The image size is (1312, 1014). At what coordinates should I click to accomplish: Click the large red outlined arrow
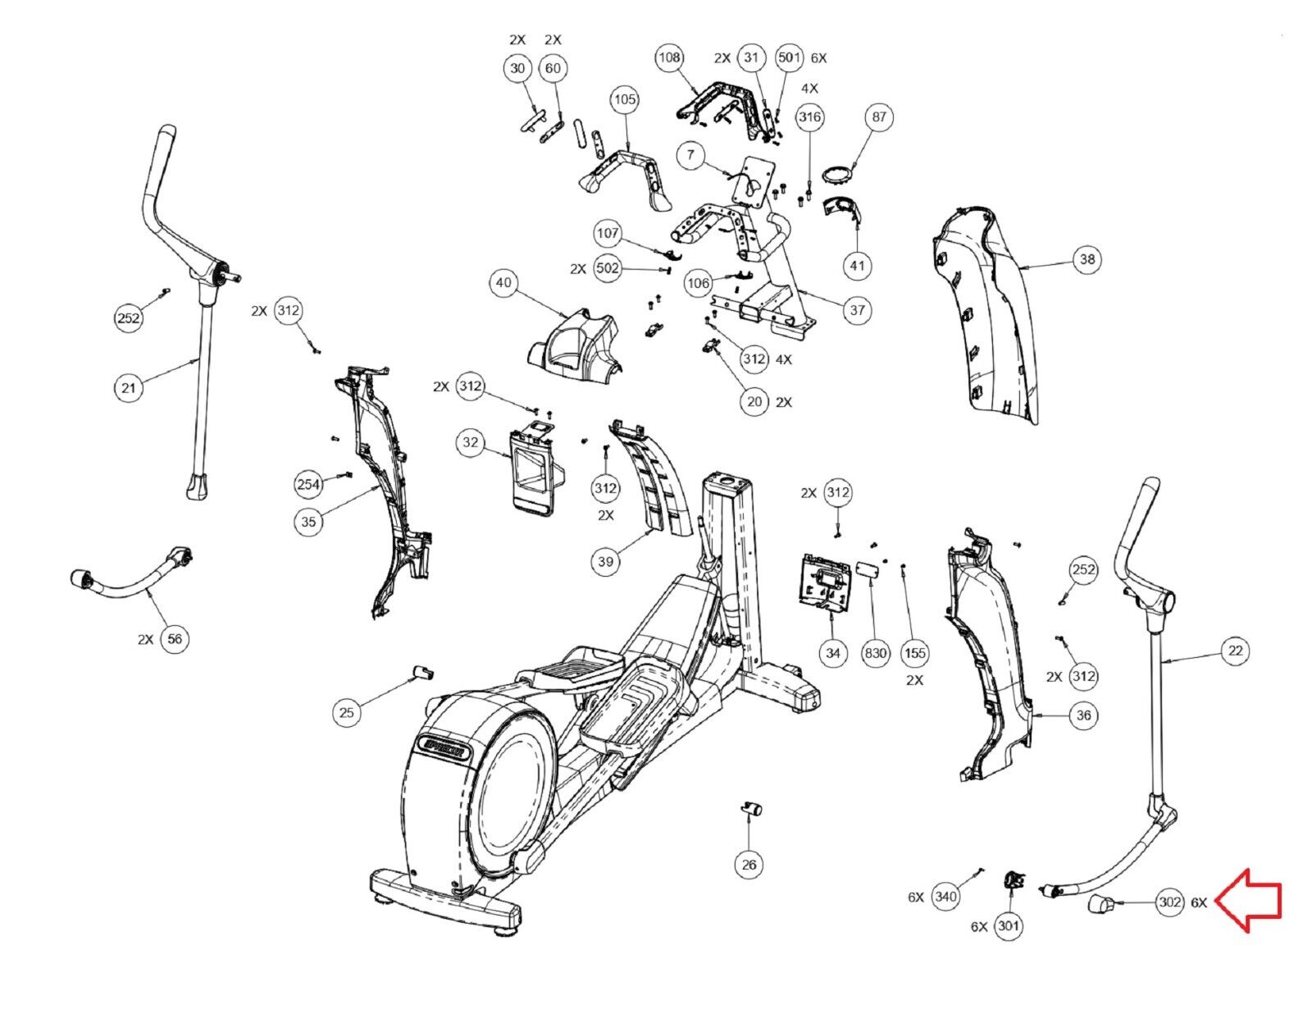pos(1247,902)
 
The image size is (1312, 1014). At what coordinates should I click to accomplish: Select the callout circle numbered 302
pos(1170,902)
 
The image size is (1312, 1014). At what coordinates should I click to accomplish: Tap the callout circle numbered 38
pos(1086,259)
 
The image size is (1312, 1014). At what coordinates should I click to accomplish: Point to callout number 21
pos(128,386)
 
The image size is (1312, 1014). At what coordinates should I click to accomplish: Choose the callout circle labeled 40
pos(503,283)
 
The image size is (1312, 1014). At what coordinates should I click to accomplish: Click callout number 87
pos(879,117)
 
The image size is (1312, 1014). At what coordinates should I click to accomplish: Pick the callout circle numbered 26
pos(749,864)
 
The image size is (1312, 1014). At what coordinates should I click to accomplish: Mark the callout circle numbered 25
pos(347,712)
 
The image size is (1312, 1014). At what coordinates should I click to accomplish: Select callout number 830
pos(876,653)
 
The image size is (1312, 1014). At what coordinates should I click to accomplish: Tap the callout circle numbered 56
pos(175,638)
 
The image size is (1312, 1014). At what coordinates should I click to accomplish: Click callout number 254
pos(308,484)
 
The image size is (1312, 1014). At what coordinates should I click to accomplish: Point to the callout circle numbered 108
pos(670,57)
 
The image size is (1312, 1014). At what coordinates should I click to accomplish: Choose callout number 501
pos(789,57)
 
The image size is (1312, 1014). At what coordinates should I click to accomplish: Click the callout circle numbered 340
pos(945,897)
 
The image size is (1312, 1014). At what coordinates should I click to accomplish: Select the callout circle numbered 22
pos(1236,651)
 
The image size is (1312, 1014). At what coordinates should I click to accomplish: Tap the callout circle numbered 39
pos(605,561)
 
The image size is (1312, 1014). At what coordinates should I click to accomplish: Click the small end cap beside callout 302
pos(1100,906)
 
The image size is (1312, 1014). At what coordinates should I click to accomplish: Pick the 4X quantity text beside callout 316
pos(809,88)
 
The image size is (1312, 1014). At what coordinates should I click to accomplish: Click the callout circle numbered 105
pos(625,99)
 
